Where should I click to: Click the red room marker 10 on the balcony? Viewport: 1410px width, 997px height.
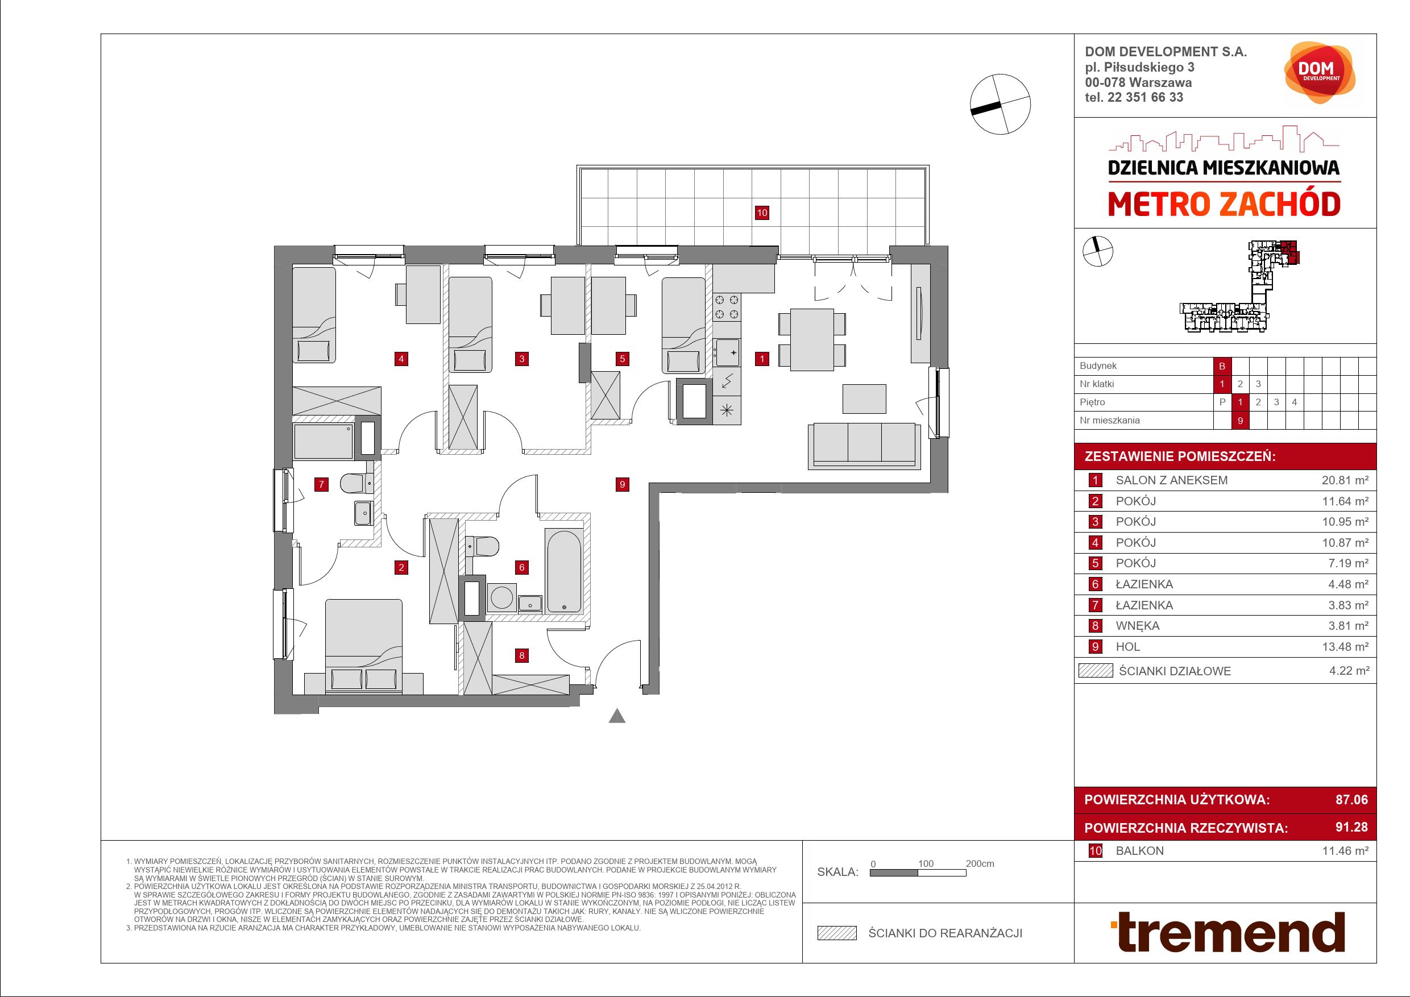click(761, 213)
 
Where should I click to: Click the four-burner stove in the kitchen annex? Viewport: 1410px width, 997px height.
click(727, 307)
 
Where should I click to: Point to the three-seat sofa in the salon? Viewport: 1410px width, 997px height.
click(865, 446)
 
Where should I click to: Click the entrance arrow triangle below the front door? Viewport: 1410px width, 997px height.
click(617, 716)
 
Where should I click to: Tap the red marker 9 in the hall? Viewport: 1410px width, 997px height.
click(622, 484)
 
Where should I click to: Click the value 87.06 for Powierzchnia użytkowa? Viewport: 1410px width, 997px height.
click(1351, 799)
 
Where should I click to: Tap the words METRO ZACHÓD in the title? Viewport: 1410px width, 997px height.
click(1224, 205)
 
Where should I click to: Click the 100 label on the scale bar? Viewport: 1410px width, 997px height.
click(926, 863)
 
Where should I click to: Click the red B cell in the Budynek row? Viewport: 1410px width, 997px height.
click(1222, 366)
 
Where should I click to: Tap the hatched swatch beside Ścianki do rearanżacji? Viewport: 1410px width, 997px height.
click(836, 933)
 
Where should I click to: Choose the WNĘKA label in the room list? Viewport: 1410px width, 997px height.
click(1137, 626)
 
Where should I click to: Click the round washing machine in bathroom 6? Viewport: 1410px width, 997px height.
click(501, 597)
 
